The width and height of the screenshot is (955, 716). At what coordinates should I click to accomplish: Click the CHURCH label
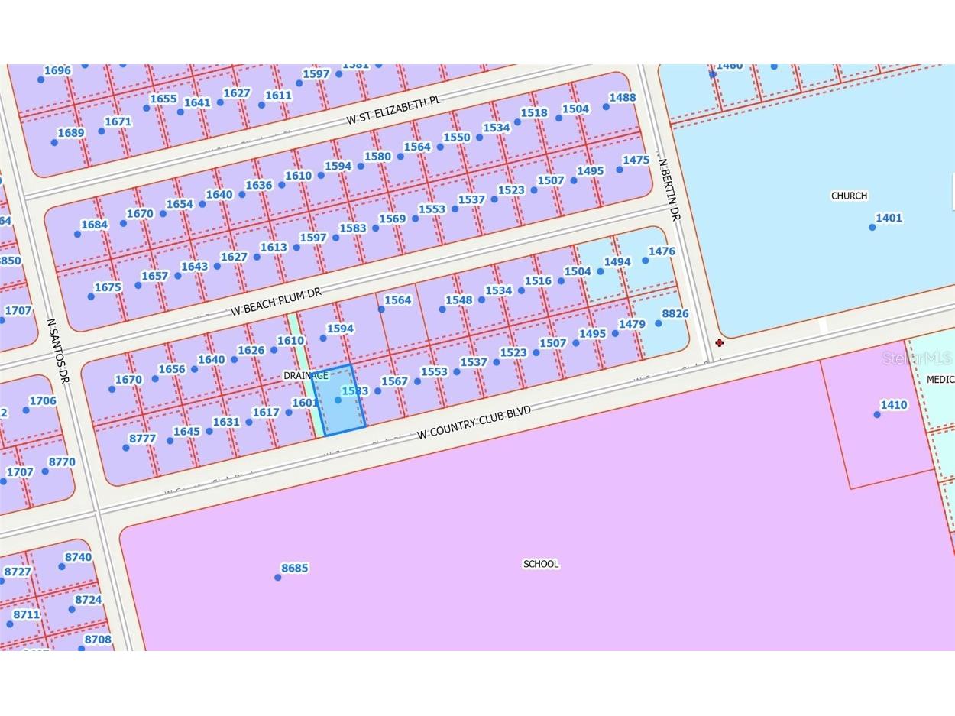(x=849, y=196)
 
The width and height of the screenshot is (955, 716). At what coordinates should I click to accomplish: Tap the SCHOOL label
(x=540, y=564)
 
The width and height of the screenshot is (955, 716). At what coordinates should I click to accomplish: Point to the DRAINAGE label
(x=305, y=376)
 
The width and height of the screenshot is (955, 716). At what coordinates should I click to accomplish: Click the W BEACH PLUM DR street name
(x=276, y=302)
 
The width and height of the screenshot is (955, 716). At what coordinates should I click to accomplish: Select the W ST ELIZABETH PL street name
(x=393, y=110)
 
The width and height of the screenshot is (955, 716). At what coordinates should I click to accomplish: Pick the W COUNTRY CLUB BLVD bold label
(x=474, y=423)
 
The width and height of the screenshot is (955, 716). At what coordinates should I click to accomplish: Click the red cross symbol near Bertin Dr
(x=719, y=342)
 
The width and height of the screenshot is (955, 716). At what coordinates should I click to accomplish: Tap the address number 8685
(x=294, y=568)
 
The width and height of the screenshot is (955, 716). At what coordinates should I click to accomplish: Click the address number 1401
(x=889, y=218)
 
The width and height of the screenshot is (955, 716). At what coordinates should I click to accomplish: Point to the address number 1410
(x=893, y=405)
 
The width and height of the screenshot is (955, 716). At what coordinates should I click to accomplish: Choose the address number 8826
(x=675, y=313)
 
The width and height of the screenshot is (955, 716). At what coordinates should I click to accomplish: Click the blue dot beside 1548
(x=442, y=309)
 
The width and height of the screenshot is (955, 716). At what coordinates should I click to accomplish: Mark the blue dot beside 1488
(x=606, y=107)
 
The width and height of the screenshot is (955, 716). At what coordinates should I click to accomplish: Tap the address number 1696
(x=57, y=70)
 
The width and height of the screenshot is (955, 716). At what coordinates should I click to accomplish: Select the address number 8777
(x=142, y=439)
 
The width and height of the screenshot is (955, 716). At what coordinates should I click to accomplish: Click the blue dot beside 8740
(x=62, y=567)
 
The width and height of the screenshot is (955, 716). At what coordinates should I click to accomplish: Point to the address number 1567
(x=394, y=381)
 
